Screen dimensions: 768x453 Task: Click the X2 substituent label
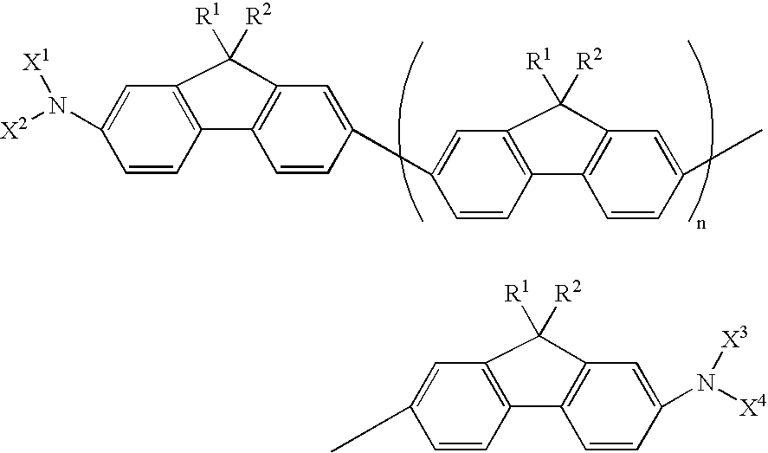[x=16, y=130]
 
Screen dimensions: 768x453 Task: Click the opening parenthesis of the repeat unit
[x=410, y=130]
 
